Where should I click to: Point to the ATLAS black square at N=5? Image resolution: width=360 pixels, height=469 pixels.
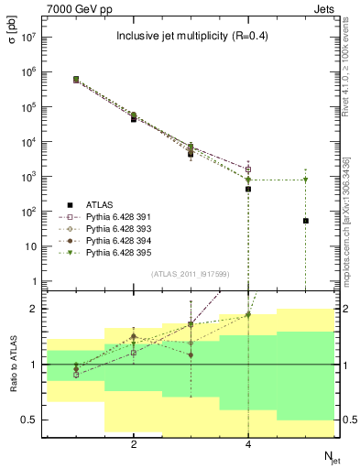coord(306,221)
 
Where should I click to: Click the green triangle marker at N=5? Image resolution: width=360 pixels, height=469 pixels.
coord(306,180)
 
